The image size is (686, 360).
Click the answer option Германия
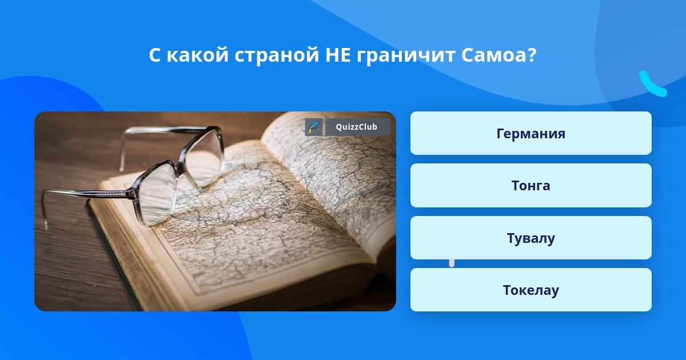(x=531, y=133)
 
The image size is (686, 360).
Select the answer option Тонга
(x=531, y=186)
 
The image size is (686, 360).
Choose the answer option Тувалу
(x=531, y=238)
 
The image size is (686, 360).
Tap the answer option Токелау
(x=531, y=290)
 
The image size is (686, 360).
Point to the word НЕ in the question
(x=338, y=55)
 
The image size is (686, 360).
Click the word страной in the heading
(x=277, y=56)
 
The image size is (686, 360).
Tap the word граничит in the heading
(x=406, y=56)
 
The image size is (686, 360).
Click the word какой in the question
(x=198, y=55)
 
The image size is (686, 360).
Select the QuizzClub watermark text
(x=357, y=127)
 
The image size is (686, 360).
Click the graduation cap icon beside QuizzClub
(x=314, y=127)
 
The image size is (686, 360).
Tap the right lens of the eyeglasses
(x=204, y=157)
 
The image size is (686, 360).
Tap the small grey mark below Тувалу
(x=452, y=263)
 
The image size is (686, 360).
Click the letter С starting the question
(x=155, y=55)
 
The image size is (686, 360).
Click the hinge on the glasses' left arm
(x=132, y=194)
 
